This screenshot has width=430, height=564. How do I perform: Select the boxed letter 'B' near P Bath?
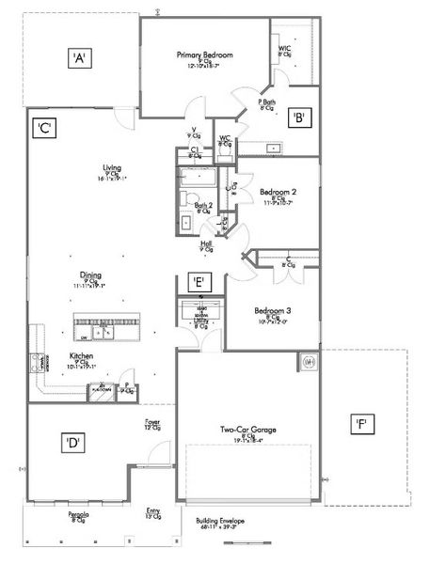(x=298, y=117)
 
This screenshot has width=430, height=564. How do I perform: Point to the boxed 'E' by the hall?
(x=199, y=281)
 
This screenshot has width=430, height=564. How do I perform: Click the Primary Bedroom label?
(x=204, y=55)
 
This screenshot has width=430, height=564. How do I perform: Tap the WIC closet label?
(x=284, y=49)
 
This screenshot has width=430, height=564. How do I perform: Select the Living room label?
(x=112, y=169)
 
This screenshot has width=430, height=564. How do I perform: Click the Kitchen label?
(x=81, y=356)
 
